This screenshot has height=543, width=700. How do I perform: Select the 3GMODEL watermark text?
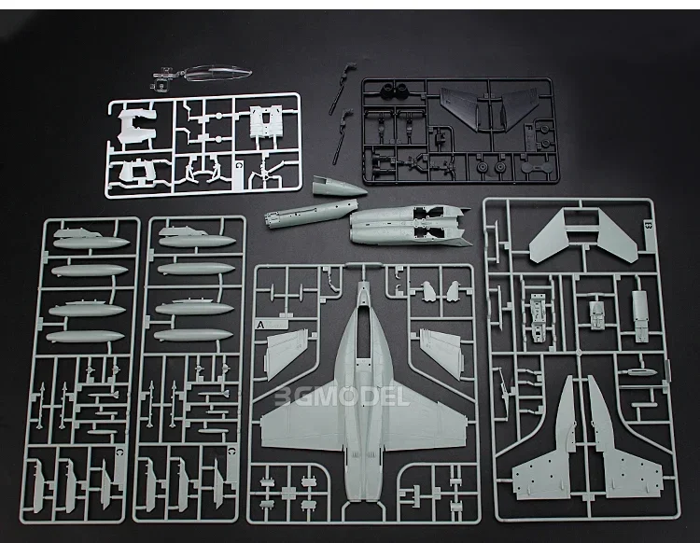(x=342, y=397)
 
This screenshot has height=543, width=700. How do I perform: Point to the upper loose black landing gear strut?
(x=347, y=71)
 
